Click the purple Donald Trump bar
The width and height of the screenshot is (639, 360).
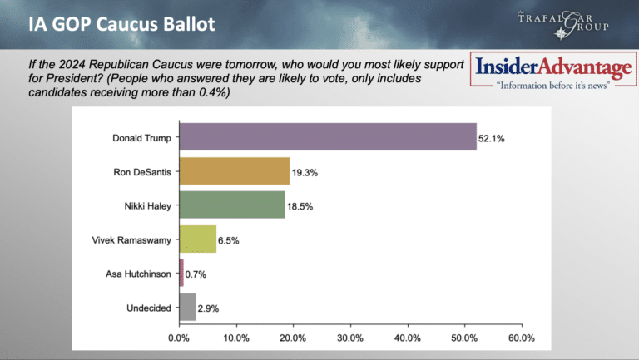pos(328,137)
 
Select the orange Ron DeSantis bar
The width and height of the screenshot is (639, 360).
pos(235,171)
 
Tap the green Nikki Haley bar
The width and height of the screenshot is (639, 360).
pos(232,205)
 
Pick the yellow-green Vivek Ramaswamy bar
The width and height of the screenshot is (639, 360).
pos(198,239)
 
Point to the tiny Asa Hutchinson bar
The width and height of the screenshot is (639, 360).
pos(181,273)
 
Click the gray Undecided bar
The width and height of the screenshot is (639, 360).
pos(188,307)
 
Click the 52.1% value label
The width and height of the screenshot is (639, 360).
pos(492,139)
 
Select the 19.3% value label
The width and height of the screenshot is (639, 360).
pos(305,173)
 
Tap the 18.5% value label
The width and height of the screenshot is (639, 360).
pos(300,206)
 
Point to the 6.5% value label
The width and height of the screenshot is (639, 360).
pos(229,240)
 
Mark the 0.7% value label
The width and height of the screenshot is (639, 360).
pos(196,274)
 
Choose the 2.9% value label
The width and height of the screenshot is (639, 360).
pos(208,308)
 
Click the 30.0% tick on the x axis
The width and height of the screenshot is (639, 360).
pos(350,338)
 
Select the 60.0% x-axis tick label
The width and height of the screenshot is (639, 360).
pos(522,338)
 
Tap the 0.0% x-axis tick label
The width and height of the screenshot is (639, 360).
pos(179,338)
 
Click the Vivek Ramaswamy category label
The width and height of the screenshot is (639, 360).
pos(131,240)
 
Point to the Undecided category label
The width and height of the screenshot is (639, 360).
pos(149,308)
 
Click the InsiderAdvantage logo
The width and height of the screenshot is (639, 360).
pos(553,70)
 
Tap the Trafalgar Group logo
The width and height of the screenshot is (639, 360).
pos(563,24)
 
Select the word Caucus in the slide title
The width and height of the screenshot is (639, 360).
pos(127,24)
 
